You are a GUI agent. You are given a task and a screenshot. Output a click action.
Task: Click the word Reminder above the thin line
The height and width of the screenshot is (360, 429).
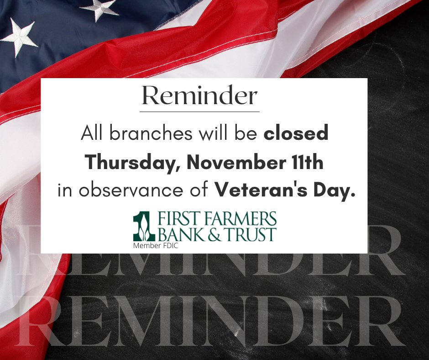tap(199, 96)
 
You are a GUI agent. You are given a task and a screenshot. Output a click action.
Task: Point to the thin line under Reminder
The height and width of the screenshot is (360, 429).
tap(199, 111)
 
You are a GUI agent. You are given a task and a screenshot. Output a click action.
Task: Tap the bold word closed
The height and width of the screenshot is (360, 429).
tap(296, 134)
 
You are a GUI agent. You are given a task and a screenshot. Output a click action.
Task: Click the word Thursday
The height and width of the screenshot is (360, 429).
tap(129, 163)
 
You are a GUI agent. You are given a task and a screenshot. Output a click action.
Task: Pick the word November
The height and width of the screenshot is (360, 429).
tap(226, 163)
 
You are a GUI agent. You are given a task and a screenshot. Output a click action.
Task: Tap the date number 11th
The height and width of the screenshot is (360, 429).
tap(307, 163)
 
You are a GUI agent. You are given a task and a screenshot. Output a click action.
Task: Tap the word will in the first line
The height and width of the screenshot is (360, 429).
tap(204, 134)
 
